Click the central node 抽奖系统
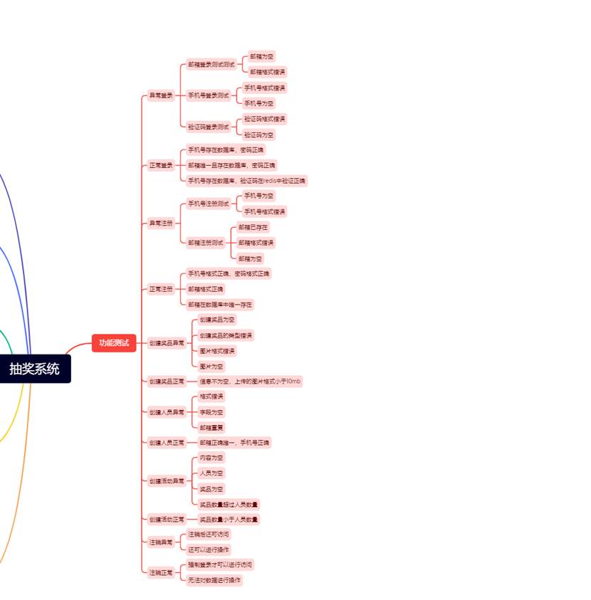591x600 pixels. tap(34, 369)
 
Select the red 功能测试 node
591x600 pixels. tap(114, 343)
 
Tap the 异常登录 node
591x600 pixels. tap(160, 95)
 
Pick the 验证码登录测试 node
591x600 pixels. tap(209, 127)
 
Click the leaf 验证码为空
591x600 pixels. tap(258, 135)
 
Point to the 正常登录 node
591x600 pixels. tap(160, 165)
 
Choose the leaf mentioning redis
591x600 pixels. tap(246, 181)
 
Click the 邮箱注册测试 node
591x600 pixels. tap(206, 243)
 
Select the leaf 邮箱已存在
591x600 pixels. tap(253, 227)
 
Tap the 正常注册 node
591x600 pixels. tap(160, 289)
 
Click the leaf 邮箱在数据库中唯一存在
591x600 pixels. tap(220, 305)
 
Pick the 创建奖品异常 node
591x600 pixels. tap(167, 343)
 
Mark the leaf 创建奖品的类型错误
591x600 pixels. tap(226, 335)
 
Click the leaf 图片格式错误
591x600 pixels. tap(216, 351)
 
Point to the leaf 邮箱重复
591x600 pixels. tap(211, 428)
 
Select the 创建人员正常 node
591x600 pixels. tap(167, 443)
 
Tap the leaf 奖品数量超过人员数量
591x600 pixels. tap(229, 505)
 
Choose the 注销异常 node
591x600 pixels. tap(160, 542)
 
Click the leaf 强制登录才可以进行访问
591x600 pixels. tap(219, 564)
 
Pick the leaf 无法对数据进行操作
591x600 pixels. tap(214, 580)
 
